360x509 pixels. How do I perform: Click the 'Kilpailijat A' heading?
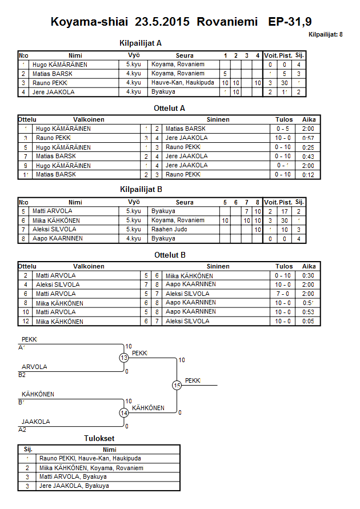click(x=141, y=42)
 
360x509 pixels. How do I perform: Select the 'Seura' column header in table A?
click(x=185, y=55)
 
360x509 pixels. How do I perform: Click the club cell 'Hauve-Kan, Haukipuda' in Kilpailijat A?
click(x=183, y=83)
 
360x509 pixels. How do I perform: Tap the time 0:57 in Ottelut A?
click(x=309, y=138)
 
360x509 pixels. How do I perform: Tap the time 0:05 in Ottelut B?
click(x=309, y=321)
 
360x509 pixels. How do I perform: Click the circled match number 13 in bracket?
click(x=124, y=358)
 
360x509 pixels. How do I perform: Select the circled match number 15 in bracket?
click(x=177, y=386)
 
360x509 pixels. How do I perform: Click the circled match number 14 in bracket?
click(x=124, y=412)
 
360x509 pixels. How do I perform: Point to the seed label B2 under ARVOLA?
click(x=22, y=375)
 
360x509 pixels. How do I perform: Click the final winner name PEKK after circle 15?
click(x=193, y=380)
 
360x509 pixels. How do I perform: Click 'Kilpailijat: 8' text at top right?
click(x=326, y=35)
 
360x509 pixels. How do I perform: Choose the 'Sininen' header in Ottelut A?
click(x=218, y=119)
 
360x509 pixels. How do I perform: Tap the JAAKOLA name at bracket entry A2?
click(x=35, y=422)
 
